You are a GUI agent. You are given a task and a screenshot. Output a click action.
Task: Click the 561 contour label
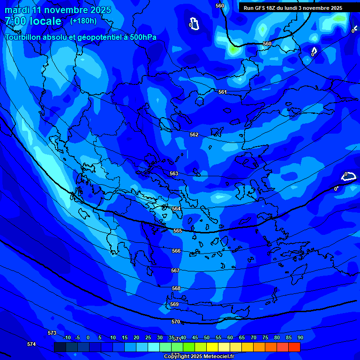click(x=223, y=92)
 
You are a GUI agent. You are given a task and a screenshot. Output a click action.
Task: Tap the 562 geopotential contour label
click(x=194, y=135)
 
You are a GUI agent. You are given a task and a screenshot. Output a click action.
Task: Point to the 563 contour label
click(x=174, y=173)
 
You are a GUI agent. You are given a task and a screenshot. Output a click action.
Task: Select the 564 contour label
click(x=176, y=209)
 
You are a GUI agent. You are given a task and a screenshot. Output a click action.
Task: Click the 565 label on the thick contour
click(x=178, y=231)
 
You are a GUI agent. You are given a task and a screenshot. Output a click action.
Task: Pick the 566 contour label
click(x=176, y=251)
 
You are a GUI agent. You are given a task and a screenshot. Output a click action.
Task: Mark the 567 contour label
click(x=175, y=270)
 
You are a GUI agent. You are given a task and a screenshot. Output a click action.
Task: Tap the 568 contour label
click(x=176, y=288)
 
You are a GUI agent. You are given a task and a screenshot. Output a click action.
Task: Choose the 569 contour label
click(x=174, y=304)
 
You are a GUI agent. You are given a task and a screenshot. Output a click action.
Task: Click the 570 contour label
click(x=176, y=322)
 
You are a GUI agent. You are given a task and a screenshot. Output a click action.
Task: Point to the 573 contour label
click(x=52, y=333)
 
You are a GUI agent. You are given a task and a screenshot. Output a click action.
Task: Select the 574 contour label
click(x=31, y=344)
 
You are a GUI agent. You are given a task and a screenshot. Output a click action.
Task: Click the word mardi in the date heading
click(x=17, y=10)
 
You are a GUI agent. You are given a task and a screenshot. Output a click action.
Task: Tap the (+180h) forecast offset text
click(x=83, y=21)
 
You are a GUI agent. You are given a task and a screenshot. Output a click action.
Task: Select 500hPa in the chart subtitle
click(x=140, y=37)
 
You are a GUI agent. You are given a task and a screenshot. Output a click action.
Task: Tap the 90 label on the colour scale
click(x=300, y=337)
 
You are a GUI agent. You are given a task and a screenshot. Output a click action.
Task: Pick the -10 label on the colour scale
click(x=67, y=337)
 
